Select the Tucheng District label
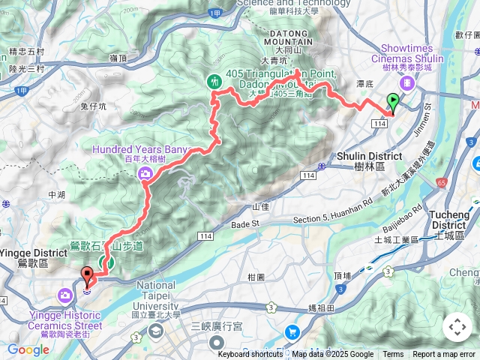(448, 220)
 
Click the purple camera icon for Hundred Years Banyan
(143, 174)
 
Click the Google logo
(28, 349)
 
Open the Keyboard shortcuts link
(250, 355)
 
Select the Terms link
(393, 355)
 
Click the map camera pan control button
(457, 327)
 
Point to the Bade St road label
(244, 223)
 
